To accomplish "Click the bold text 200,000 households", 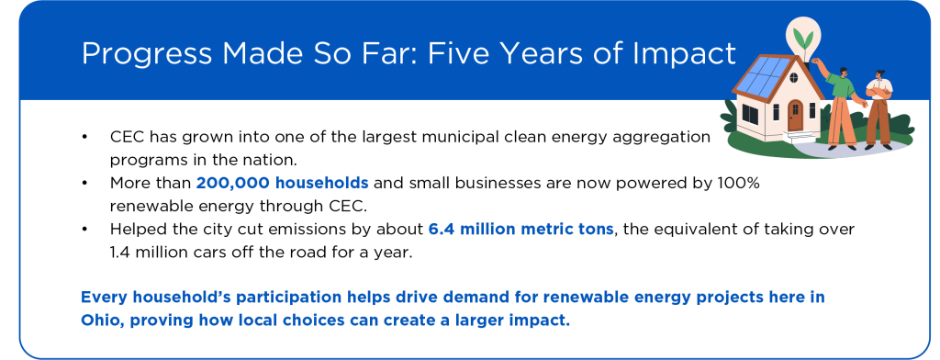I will tap(282, 183).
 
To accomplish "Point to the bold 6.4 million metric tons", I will tap(520, 229).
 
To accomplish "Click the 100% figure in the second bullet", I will tap(741, 183).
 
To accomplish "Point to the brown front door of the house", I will tap(795, 117).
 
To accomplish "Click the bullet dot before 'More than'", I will tap(84, 183).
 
